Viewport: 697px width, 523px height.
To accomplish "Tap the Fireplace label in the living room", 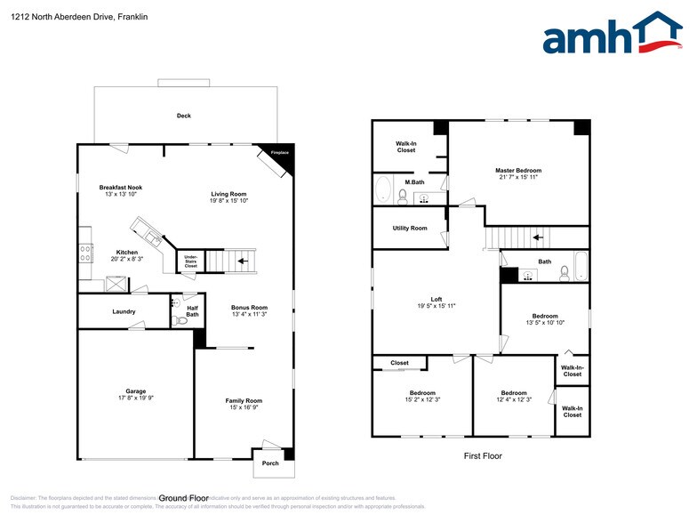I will [279, 153].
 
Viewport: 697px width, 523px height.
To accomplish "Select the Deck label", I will [184, 116].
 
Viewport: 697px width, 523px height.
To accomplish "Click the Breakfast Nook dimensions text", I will [121, 195].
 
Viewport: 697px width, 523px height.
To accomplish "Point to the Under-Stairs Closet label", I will [191, 261].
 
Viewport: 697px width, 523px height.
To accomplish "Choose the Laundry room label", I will [124, 311].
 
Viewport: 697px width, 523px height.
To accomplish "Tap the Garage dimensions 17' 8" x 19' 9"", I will [135, 398].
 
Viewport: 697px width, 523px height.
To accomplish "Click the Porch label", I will [270, 463].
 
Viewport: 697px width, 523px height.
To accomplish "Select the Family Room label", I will [244, 400].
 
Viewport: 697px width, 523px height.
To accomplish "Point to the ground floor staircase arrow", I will [243, 261].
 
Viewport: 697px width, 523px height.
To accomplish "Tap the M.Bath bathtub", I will [384, 190].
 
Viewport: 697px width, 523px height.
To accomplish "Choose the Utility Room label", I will [410, 229].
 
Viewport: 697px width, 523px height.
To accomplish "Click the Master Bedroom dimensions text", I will [517, 177].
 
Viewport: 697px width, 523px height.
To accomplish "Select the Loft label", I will [436, 298].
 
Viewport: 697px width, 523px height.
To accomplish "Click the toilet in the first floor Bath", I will [565, 274].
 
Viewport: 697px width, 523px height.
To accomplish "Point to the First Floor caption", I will [483, 455].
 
